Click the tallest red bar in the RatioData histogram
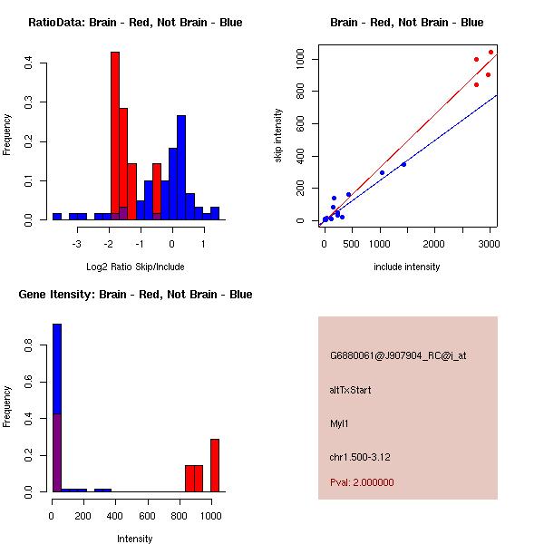[x=115, y=136]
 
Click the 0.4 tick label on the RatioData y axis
[x=29, y=63]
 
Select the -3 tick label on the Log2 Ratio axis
[x=102, y=242]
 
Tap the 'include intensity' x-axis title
[x=406, y=267]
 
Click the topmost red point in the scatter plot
[x=491, y=52]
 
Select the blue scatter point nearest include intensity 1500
[x=403, y=164]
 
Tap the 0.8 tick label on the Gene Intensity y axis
[x=29, y=345]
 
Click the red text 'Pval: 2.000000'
[x=362, y=482]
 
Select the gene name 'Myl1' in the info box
[x=339, y=423]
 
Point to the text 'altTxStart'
[x=350, y=390]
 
